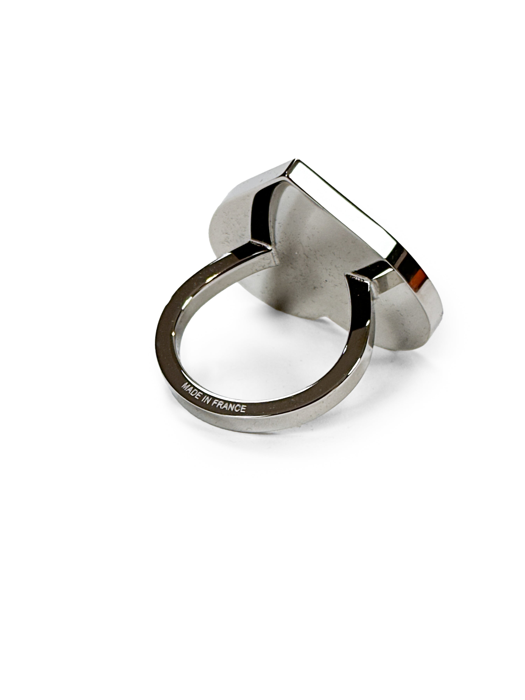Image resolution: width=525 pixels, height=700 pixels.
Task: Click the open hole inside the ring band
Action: click(272, 348)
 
